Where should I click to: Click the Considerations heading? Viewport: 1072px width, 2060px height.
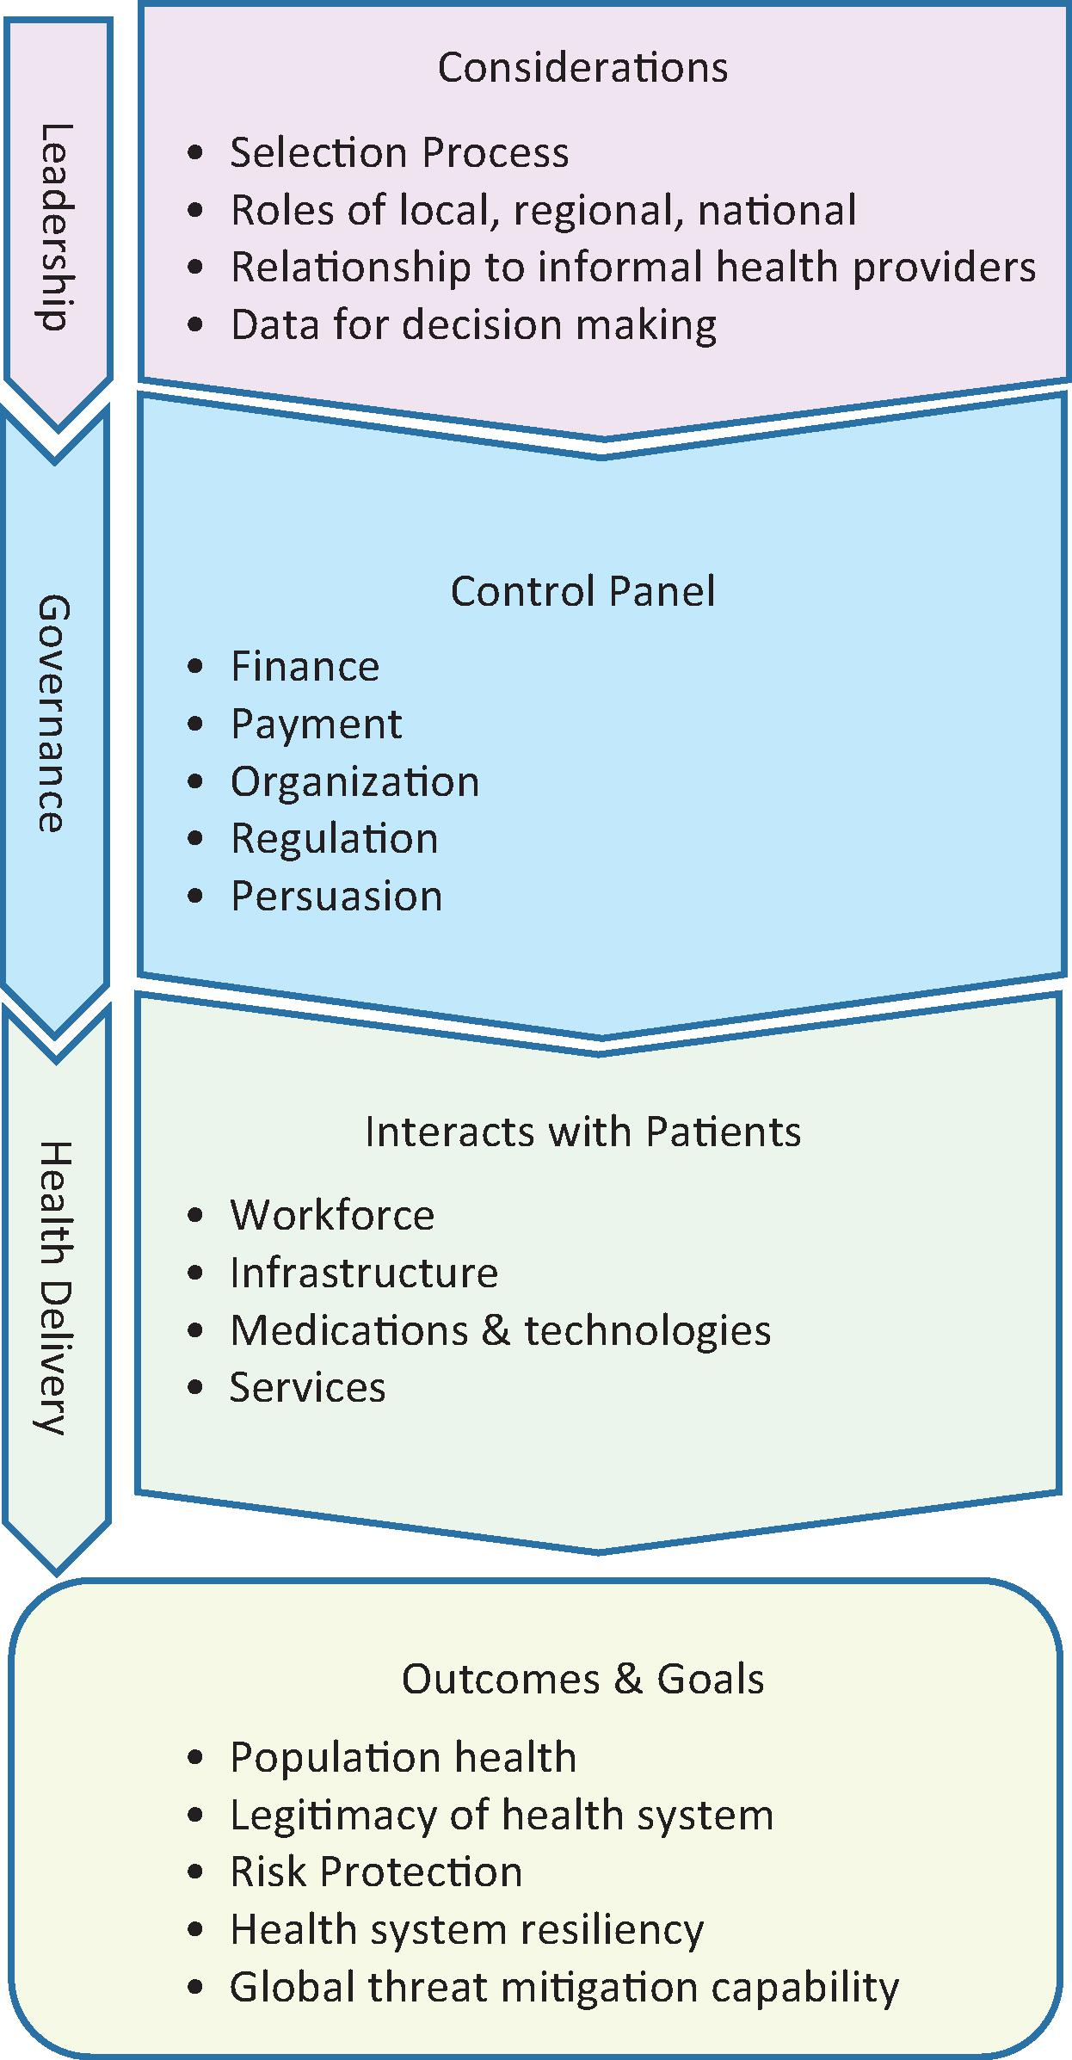(x=582, y=68)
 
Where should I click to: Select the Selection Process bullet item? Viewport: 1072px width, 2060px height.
(x=399, y=153)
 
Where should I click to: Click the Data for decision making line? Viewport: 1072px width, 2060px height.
(x=473, y=325)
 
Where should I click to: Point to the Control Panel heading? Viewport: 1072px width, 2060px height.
(x=582, y=592)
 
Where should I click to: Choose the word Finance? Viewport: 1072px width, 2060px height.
(x=305, y=667)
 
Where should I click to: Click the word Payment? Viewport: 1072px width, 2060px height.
(x=316, y=725)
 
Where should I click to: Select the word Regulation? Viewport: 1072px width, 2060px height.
(x=334, y=839)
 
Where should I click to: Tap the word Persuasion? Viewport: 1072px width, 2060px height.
(x=336, y=897)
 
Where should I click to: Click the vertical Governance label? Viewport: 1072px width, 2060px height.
(x=54, y=713)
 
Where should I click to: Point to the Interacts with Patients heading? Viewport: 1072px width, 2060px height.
(x=582, y=1132)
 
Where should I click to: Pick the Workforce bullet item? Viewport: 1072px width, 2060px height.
(x=332, y=1215)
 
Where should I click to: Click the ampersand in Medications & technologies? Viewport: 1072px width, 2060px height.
(x=496, y=1330)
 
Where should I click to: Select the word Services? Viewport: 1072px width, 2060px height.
(x=307, y=1388)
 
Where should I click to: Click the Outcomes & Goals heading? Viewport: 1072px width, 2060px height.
(x=582, y=1679)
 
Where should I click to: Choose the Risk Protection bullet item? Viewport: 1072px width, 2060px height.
(x=376, y=1872)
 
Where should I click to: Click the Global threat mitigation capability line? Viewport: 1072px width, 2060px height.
(x=564, y=1987)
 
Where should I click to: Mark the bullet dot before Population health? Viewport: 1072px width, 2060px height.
(x=197, y=1757)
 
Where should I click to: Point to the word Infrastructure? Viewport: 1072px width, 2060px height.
(x=364, y=1273)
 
